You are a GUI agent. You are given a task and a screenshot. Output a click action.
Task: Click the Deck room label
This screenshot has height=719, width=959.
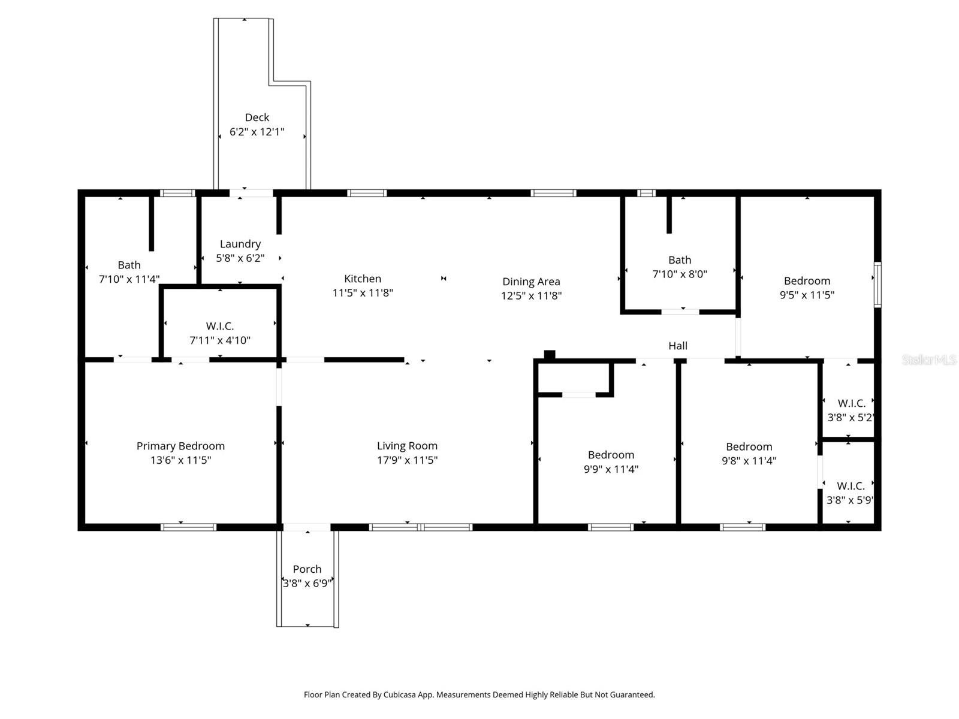tap(257, 117)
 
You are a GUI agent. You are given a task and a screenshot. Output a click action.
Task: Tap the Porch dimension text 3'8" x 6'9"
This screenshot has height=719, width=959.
tap(307, 583)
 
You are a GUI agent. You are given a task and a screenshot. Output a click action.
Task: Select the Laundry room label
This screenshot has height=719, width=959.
tap(240, 244)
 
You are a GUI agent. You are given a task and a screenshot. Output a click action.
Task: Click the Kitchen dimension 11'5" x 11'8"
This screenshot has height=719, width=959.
tap(363, 293)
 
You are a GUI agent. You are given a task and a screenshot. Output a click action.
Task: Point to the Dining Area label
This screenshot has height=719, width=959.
tap(531, 281)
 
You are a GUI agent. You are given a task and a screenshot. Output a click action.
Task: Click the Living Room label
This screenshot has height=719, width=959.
tap(407, 446)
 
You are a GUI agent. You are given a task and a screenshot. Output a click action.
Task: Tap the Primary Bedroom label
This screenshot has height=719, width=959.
tap(180, 446)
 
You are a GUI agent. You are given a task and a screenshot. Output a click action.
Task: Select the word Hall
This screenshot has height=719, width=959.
tap(678, 346)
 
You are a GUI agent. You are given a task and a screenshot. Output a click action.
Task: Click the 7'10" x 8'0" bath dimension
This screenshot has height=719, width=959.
tap(680, 274)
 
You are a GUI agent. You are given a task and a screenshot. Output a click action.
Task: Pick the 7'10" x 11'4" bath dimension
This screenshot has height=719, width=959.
tap(129, 279)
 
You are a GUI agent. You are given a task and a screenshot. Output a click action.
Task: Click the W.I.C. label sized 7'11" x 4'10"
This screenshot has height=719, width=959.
tap(220, 326)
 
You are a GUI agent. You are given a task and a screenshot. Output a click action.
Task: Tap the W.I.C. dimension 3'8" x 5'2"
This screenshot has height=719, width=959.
tap(850, 418)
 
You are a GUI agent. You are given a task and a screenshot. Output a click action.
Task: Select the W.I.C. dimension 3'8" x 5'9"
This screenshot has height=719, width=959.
tap(849, 500)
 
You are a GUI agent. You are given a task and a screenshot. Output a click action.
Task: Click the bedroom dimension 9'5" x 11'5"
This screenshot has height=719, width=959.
tap(807, 295)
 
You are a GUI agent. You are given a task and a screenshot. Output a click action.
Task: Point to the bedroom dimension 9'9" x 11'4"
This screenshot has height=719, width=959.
tap(611, 469)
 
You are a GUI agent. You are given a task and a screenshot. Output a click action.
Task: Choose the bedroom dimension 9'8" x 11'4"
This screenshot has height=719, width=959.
tap(749, 461)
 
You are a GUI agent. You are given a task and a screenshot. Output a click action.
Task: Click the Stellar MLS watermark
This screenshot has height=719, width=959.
tap(929, 359)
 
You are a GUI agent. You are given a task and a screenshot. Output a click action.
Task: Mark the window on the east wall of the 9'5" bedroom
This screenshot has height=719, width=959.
tap(877, 285)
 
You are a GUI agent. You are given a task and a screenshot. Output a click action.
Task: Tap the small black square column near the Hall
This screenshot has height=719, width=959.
tap(549, 355)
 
